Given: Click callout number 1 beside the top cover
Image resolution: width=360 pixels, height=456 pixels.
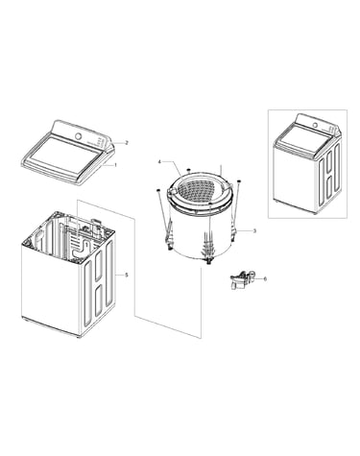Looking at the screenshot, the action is pos(115,165).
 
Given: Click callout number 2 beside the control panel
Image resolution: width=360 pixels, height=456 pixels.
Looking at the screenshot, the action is pos(127,143).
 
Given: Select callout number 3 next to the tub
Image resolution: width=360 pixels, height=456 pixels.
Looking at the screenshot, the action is pos(254,230).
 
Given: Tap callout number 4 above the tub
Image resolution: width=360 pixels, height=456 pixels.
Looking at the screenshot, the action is pos(159,162).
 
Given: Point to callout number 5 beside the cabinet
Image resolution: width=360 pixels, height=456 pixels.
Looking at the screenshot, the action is pos(127,275).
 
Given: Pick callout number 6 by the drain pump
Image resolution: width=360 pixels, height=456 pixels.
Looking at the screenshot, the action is pos(265,278).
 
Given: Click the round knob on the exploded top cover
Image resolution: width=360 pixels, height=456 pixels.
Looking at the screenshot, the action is pos(78,135).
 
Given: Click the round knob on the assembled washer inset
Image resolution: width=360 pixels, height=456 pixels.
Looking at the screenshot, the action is pos(315,125).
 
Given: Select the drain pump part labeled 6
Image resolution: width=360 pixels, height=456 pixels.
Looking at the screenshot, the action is pos(243,278).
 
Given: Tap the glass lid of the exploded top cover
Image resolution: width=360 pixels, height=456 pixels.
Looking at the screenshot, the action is pos(64,155).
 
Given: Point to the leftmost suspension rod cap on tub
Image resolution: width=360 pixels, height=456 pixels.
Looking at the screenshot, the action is pos(157,190).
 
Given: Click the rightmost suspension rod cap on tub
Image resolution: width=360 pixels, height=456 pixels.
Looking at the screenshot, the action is pos(239,181).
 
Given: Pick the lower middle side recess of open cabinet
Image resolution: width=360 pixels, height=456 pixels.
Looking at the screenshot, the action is pos(99,300).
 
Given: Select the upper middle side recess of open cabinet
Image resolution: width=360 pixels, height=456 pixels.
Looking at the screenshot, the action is pos(99,264).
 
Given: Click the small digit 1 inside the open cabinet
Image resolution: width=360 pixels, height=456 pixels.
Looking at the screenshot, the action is pos(85,236).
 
